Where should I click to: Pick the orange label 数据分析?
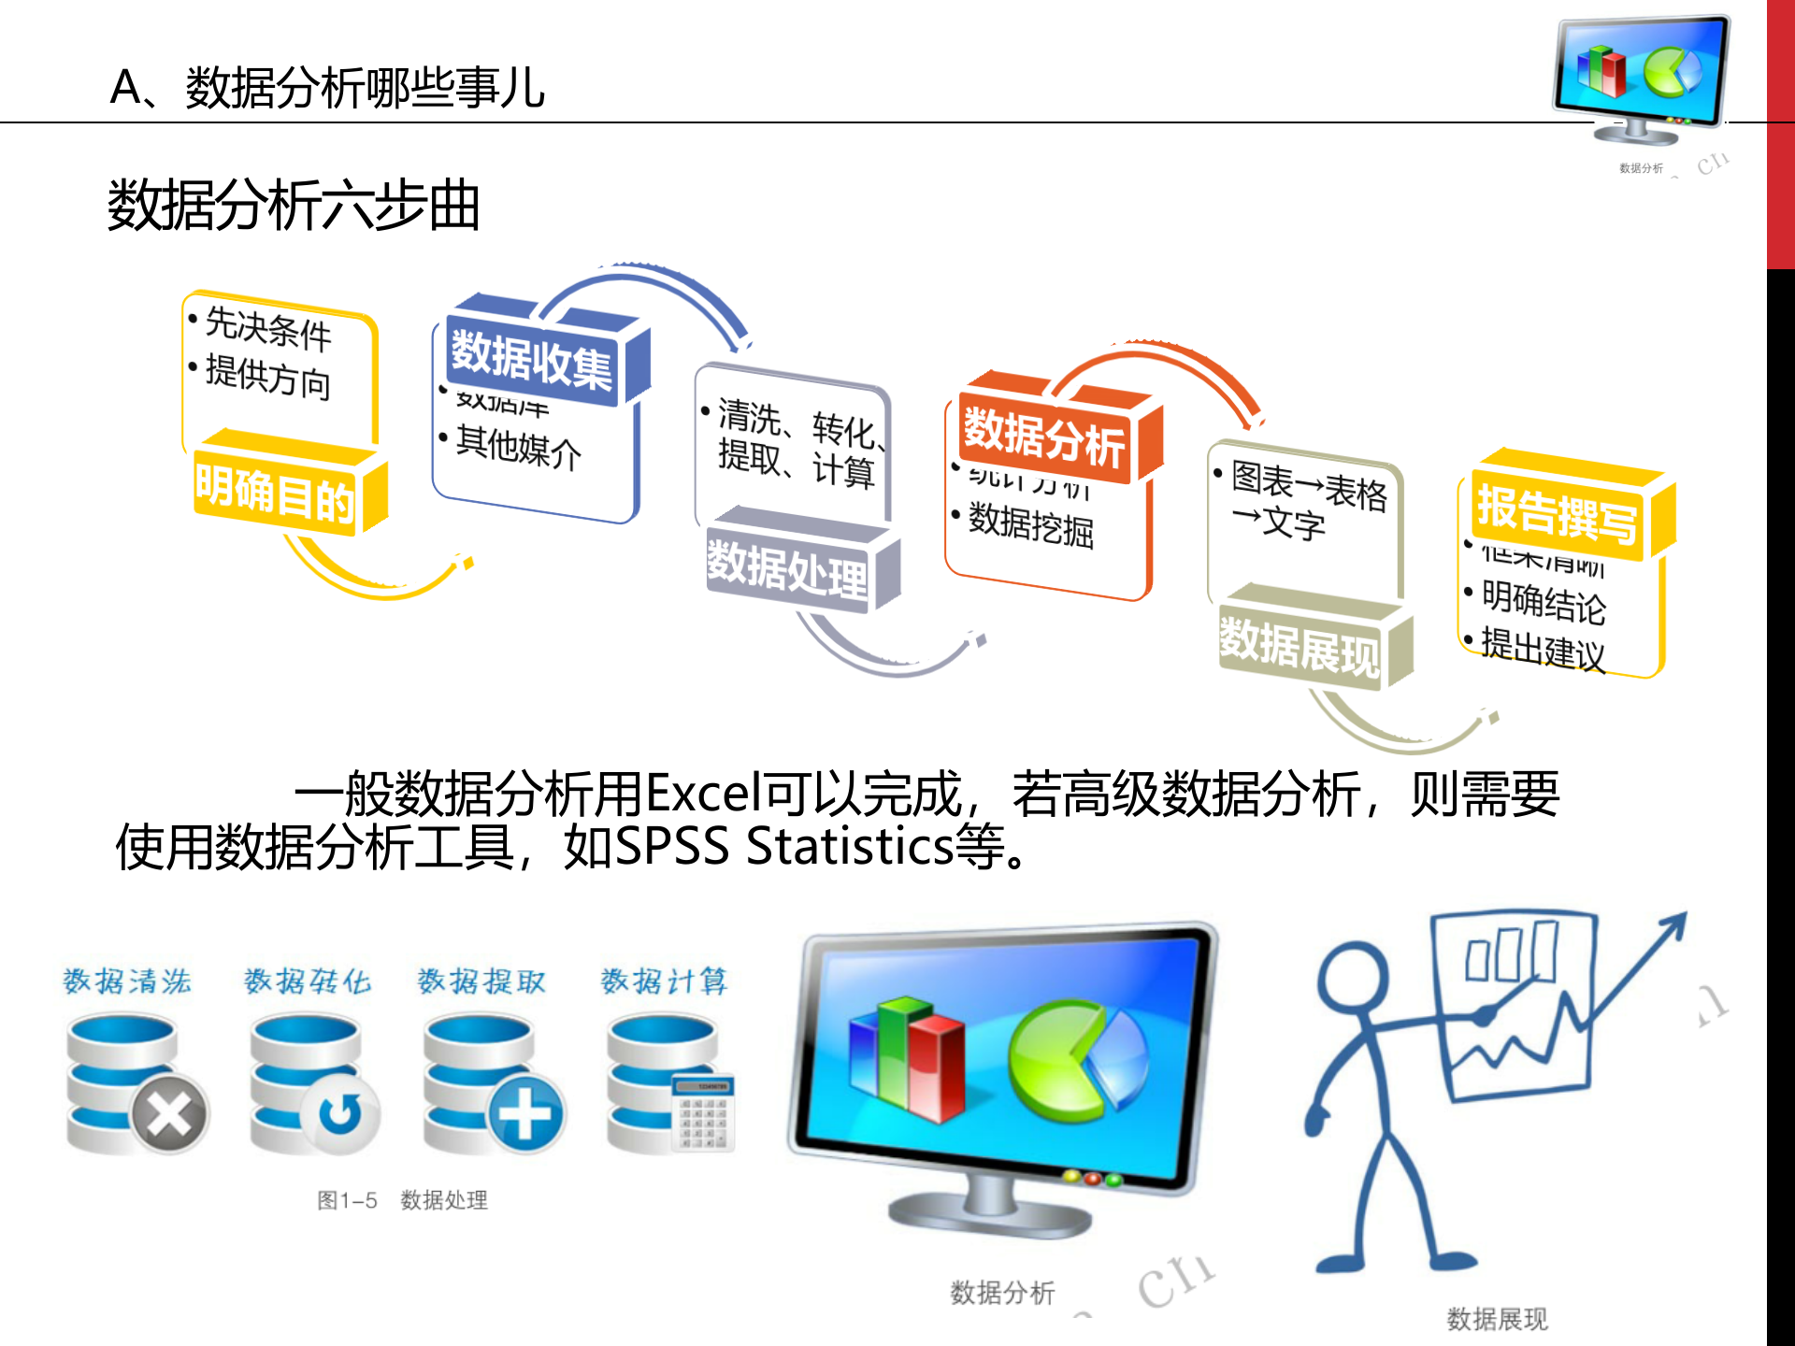tap(1044, 437)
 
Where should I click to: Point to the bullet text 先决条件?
tap(268, 328)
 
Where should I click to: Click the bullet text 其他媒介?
tap(518, 448)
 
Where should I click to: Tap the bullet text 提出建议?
tap(1543, 649)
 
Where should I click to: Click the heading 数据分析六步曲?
tap(294, 206)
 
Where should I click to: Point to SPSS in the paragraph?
tap(672, 847)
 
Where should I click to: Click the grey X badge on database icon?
tap(169, 1113)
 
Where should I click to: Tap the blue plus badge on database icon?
tap(525, 1113)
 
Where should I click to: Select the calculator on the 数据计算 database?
tap(703, 1112)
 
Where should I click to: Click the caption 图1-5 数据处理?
tap(402, 1200)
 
